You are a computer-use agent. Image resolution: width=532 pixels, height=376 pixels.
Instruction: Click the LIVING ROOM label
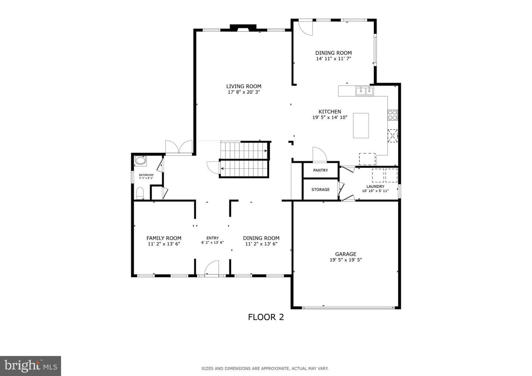click(x=244, y=86)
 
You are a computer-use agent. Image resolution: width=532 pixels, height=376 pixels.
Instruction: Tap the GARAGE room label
click(x=345, y=254)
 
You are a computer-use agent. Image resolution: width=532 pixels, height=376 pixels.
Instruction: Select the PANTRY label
click(x=320, y=170)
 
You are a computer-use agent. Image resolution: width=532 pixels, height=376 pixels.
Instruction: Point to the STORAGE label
click(x=320, y=189)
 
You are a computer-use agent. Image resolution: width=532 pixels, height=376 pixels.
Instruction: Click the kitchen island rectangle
click(x=361, y=125)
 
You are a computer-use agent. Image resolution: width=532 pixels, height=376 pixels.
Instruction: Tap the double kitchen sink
click(x=364, y=91)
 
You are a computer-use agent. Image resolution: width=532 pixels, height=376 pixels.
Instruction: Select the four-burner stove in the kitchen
click(x=393, y=115)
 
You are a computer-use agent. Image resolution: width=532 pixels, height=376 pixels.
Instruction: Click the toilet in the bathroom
click(x=140, y=193)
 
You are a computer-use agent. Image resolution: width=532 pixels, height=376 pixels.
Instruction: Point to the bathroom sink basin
click(x=140, y=160)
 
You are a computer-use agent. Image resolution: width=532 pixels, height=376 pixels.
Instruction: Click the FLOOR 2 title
click(x=266, y=317)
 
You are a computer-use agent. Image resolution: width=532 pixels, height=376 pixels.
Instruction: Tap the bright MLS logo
click(x=30, y=366)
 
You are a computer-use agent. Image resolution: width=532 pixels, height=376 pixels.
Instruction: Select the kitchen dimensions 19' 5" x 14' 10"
click(x=330, y=117)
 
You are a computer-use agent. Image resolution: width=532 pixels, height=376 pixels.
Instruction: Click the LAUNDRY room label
click(x=375, y=187)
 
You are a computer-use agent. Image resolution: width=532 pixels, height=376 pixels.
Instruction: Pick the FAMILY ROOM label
click(x=164, y=238)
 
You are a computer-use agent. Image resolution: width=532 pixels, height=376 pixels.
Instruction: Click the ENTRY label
click(x=212, y=238)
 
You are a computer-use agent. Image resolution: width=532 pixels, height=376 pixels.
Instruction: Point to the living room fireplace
click(x=243, y=28)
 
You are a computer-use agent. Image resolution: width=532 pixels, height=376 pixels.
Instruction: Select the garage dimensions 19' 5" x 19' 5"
click(x=345, y=260)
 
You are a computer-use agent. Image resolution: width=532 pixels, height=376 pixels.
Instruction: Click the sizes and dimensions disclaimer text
click(x=265, y=369)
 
